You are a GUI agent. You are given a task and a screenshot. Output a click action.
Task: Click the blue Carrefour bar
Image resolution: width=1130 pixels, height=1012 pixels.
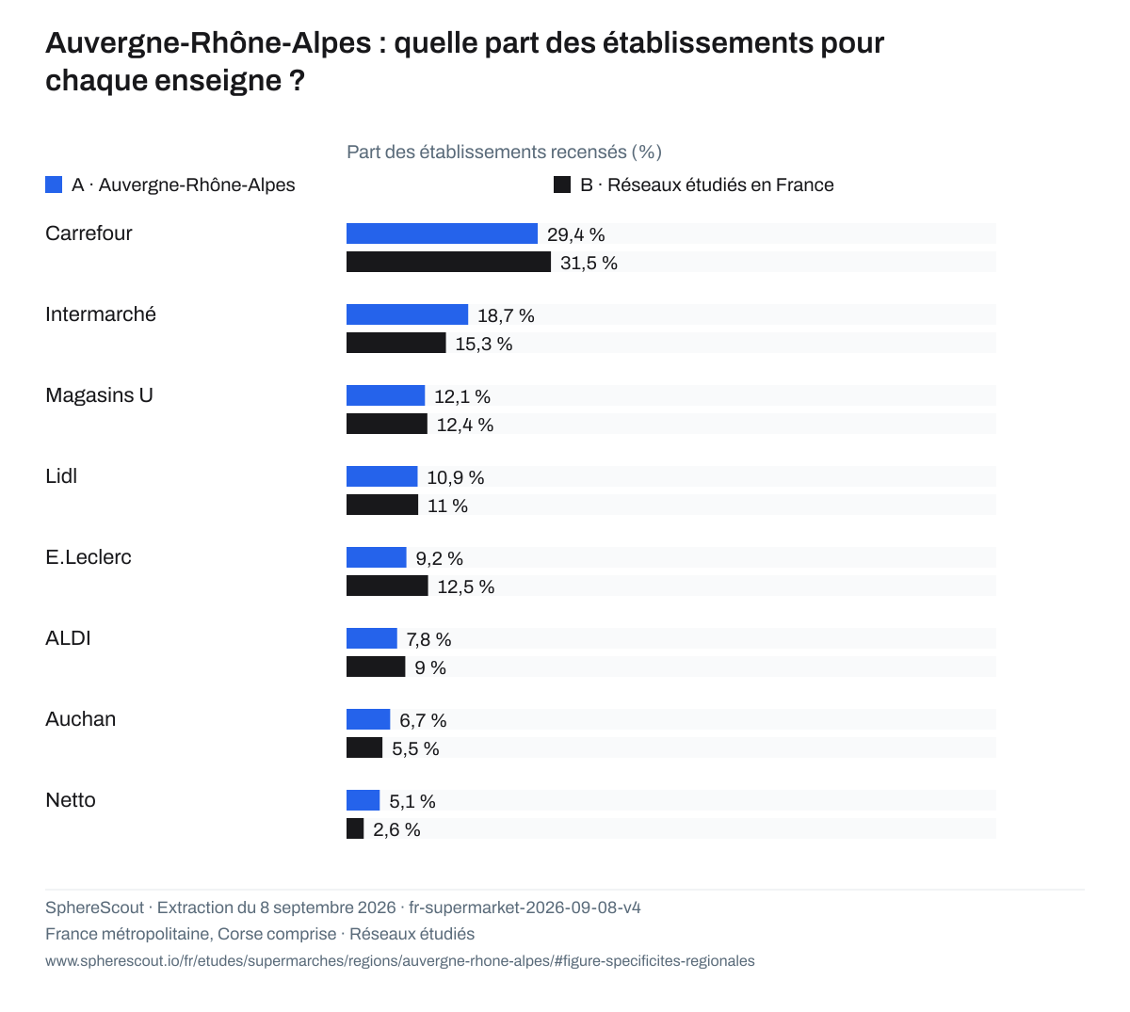(442, 233)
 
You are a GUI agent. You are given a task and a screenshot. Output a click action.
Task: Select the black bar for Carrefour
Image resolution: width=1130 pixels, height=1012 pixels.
(448, 262)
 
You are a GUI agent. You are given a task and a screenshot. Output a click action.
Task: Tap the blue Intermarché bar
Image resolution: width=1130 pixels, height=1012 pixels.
(407, 314)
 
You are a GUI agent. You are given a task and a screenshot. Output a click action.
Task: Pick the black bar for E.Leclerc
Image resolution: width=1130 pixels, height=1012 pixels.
(387, 586)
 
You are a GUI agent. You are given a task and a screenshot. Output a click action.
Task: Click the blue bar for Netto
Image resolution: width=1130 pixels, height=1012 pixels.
(363, 800)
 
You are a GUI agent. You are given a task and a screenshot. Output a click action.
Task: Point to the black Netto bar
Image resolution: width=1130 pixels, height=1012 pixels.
(355, 828)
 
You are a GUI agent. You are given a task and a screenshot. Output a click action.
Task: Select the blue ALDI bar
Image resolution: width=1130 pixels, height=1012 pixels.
(371, 638)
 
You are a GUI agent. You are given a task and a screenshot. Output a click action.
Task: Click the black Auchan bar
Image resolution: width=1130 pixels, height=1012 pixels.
(364, 747)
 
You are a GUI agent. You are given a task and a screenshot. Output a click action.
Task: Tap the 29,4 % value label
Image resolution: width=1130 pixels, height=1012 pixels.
(575, 234)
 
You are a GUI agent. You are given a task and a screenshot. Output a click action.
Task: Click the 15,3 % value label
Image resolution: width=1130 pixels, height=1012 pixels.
(484, 344)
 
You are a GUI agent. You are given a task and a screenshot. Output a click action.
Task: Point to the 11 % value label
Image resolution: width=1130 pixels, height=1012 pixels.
(447, 506)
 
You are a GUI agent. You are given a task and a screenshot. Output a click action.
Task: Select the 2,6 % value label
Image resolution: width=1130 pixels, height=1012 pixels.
(396, 829)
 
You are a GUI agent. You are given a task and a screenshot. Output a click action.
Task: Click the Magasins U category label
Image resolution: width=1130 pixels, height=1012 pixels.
(99, 395)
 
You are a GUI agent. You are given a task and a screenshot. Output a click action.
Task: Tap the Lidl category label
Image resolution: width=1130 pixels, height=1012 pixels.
(61, 476)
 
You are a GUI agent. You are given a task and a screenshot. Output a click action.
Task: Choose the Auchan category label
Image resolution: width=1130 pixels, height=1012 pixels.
(80, 719)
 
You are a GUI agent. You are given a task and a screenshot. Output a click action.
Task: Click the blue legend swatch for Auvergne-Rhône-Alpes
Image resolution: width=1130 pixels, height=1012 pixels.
(54, 185)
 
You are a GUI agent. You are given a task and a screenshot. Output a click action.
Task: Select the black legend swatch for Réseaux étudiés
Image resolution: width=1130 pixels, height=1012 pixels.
(561, 185)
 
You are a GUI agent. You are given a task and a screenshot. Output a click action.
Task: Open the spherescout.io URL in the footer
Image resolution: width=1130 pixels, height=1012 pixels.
(400, 961)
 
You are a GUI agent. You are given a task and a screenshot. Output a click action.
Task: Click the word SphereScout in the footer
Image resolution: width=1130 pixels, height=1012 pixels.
(94, 908)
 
